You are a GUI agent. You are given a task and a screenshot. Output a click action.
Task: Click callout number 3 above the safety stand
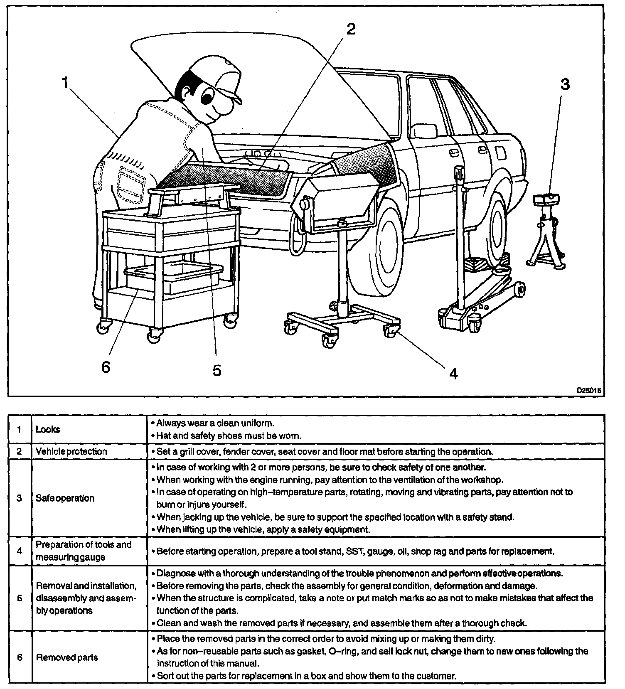564,85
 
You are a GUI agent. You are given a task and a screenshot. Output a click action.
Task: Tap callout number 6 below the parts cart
106,367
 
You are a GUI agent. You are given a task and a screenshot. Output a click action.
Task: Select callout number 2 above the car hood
351,29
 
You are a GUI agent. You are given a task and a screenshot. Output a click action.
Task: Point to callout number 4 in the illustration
453,374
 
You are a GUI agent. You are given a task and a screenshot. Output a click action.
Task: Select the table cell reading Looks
48,429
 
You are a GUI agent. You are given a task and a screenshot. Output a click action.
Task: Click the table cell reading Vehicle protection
71,451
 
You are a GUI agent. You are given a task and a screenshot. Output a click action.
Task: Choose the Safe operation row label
65,498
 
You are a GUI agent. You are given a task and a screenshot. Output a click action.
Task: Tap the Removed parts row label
67,657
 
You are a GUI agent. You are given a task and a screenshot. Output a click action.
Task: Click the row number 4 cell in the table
20,551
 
